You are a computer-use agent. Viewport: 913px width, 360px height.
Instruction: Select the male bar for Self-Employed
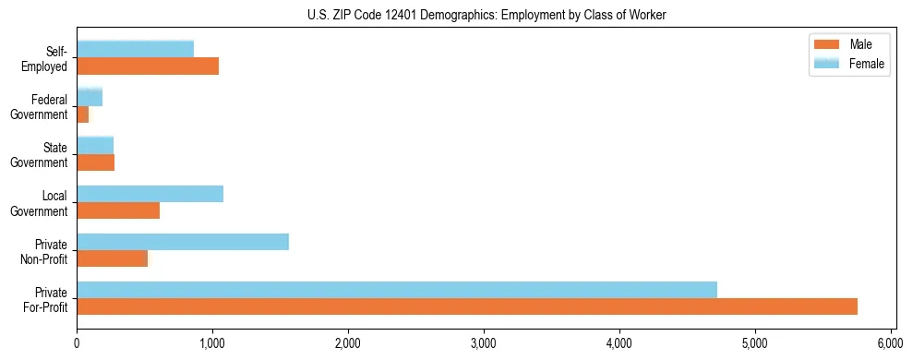click(148, 66)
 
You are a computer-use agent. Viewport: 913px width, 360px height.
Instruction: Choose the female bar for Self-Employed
click(136, 50)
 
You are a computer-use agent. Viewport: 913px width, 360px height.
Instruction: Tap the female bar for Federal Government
click(90, 98)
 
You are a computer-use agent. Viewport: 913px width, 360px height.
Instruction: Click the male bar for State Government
click(96, 162)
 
